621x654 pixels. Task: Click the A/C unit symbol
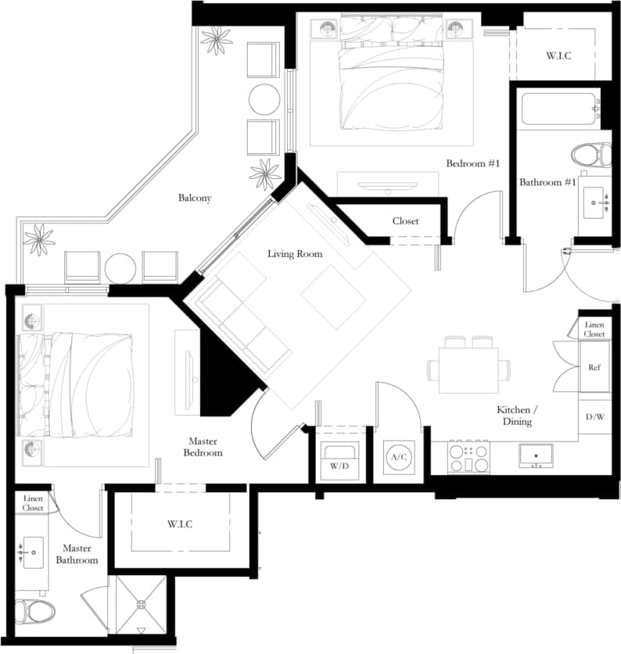[x=398, y=456]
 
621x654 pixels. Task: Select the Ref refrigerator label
[x=594, y=368]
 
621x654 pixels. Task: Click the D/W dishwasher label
[x=594, y=416]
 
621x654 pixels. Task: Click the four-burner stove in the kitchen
[x=468, y=458]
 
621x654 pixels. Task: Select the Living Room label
[x=295, y=254]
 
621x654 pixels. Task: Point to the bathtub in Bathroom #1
[x=558, y=110]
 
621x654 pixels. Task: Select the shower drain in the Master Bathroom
[x=142, y=604]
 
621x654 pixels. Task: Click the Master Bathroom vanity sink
[x=34, y=553]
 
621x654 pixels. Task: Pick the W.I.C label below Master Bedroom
[x=179, y=523]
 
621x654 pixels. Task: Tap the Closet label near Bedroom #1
[x=405, y=221]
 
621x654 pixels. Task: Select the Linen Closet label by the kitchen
[x=594, y=329]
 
